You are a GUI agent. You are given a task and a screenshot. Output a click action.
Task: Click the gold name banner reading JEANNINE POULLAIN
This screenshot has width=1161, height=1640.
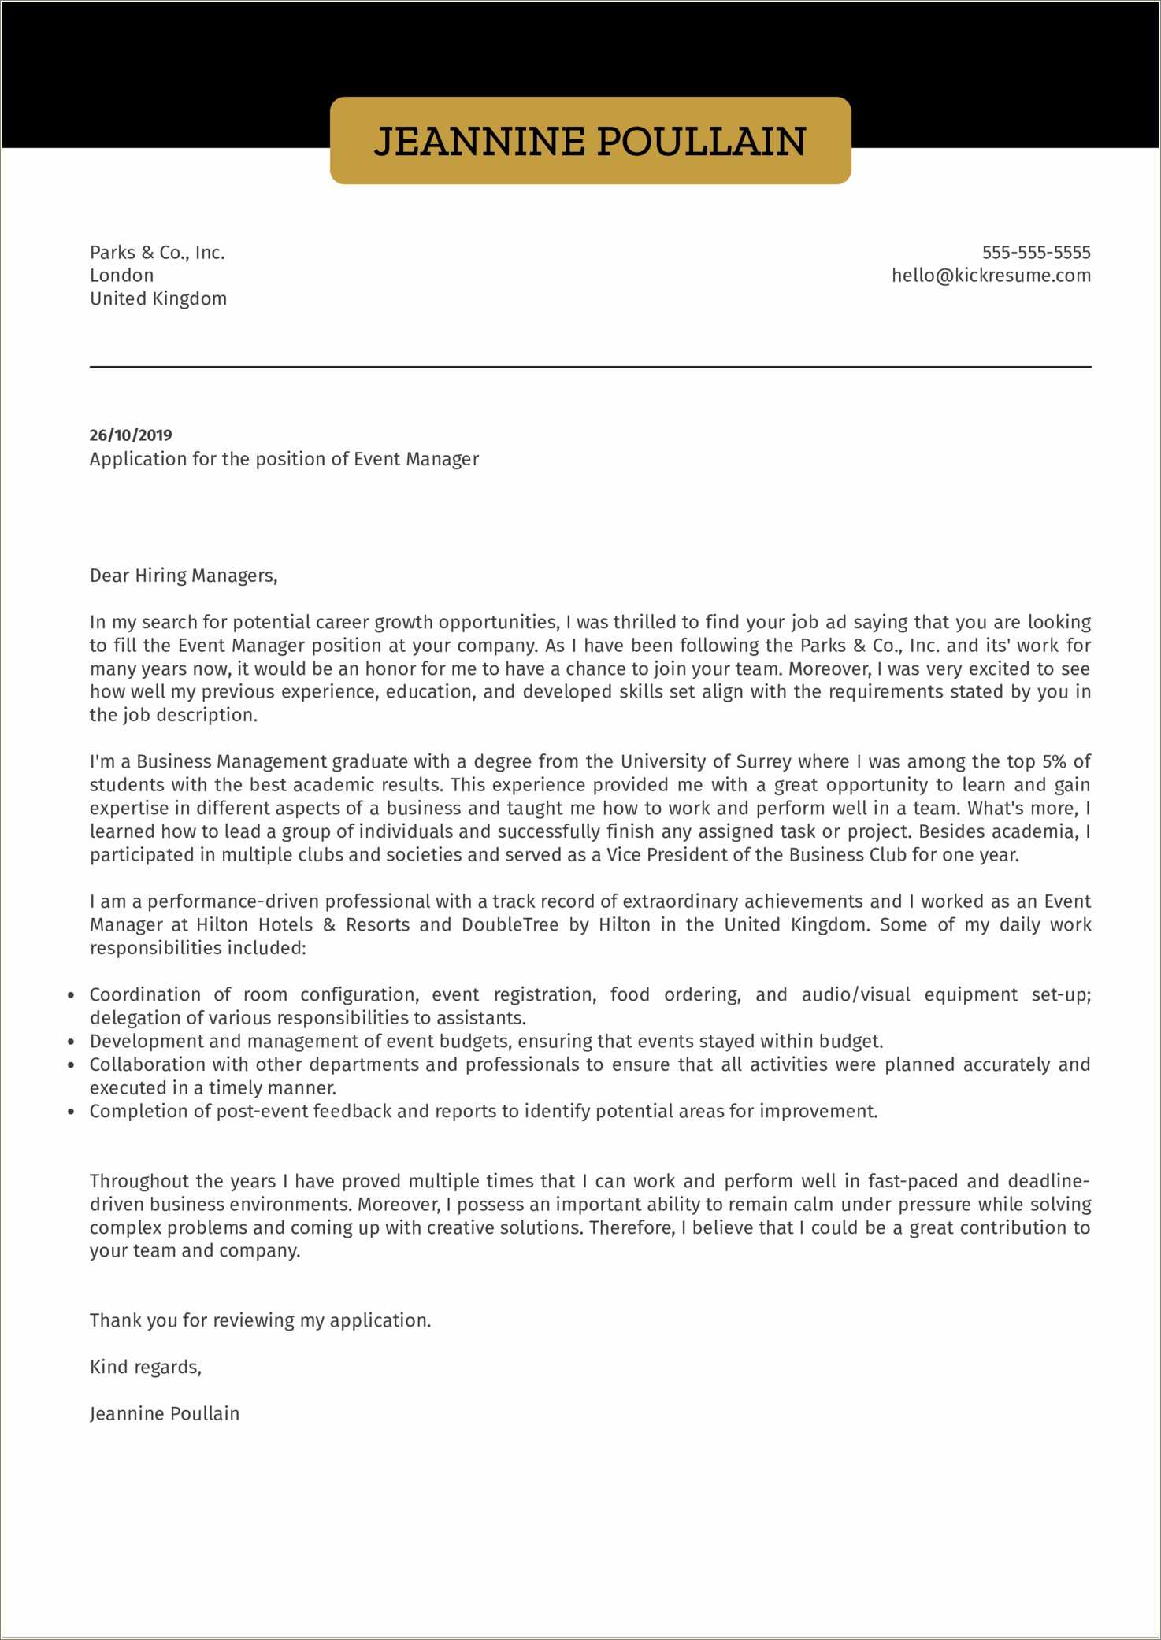(x=590, y=141)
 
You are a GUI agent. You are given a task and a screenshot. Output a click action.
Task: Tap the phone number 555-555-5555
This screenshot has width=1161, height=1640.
(x=1036, y=253)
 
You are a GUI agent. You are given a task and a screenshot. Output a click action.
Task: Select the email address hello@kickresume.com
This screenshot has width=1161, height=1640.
(x=991, y=276)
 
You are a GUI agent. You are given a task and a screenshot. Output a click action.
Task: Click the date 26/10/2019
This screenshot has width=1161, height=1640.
(x=131, y=435)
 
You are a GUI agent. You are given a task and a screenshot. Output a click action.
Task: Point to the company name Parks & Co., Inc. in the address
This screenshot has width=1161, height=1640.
(x=158, y=253)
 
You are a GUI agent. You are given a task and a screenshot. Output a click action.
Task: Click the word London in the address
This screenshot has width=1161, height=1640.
(x=122, y=276)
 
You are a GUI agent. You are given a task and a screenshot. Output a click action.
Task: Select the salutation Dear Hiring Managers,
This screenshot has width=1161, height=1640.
(x=184, y=576)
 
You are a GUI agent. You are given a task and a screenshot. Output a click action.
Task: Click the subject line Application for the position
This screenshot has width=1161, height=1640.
(x=284, y=459)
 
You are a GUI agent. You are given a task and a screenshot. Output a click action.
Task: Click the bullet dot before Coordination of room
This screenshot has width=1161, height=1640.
(x=72, y=996)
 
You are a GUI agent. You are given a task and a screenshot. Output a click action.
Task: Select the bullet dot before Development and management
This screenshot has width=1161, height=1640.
(x=72, y=1042)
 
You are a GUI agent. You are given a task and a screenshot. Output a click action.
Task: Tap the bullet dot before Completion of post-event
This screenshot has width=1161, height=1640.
(x=72, y=1112)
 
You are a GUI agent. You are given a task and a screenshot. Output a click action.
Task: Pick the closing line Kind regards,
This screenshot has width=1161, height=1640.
(x=146, y=1367)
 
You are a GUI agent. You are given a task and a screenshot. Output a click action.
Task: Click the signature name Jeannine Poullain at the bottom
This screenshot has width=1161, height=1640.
(x=165, y=1413)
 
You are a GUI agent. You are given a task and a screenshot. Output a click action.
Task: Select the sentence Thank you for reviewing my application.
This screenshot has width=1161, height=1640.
(x=260, y=1320)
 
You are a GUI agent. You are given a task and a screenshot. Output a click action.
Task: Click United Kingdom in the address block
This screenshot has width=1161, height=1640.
(x=158, y=298)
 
